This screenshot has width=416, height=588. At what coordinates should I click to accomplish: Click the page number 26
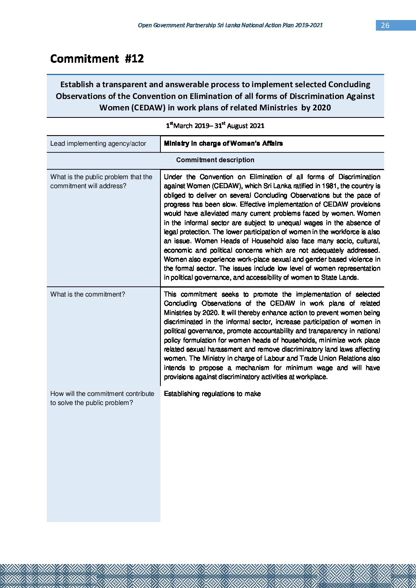tap(385, 26)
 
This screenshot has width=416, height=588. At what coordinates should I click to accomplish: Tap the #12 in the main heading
tap(134, 59)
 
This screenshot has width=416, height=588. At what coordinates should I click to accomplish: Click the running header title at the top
tap(230, 25)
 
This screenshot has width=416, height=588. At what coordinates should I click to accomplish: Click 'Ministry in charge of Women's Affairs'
tap(223, 144)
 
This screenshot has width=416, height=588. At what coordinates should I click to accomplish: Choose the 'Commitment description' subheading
tap(215, 160)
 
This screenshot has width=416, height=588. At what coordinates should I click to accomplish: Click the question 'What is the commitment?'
tap(88, 295)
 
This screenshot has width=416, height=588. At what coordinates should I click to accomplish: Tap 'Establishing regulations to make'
tap(212, 394)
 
